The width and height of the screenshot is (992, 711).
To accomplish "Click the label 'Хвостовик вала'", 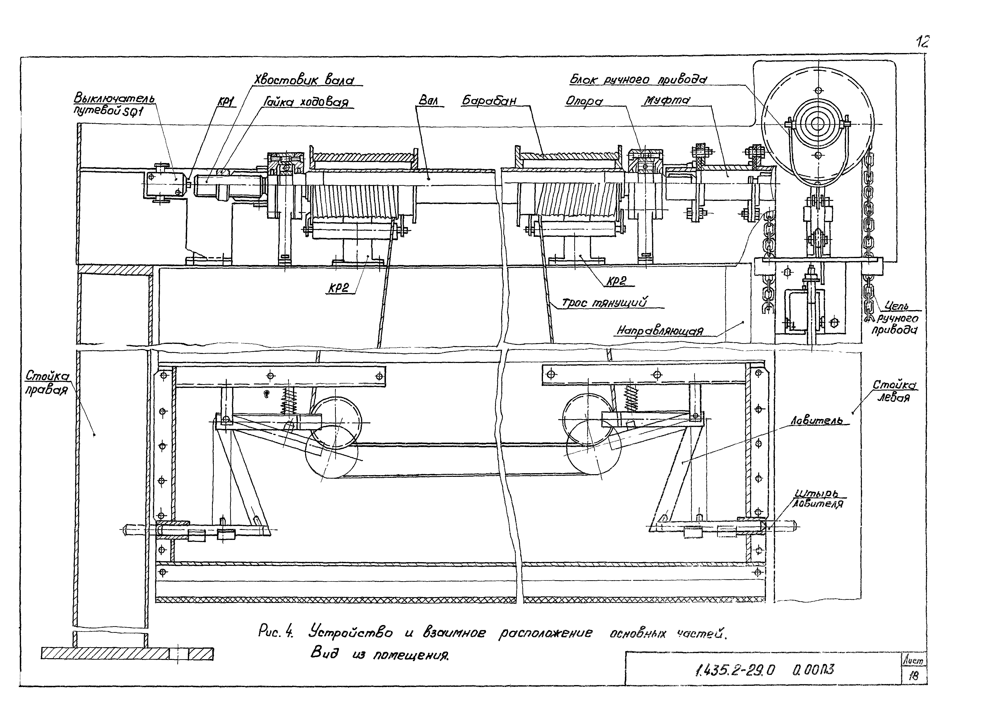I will (x=304, y=80).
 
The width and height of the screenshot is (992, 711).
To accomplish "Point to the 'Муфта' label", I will (x=666, y=100).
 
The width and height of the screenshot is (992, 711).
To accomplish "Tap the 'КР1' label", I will (x=226, y=102).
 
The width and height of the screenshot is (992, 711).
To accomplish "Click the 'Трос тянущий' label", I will (x=604, y=302).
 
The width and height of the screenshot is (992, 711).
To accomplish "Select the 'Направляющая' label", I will (x=660, y=330).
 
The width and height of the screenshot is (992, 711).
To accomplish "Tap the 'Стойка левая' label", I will (x=894, y=391).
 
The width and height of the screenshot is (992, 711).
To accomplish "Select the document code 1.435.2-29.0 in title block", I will (x=734, y=669).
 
